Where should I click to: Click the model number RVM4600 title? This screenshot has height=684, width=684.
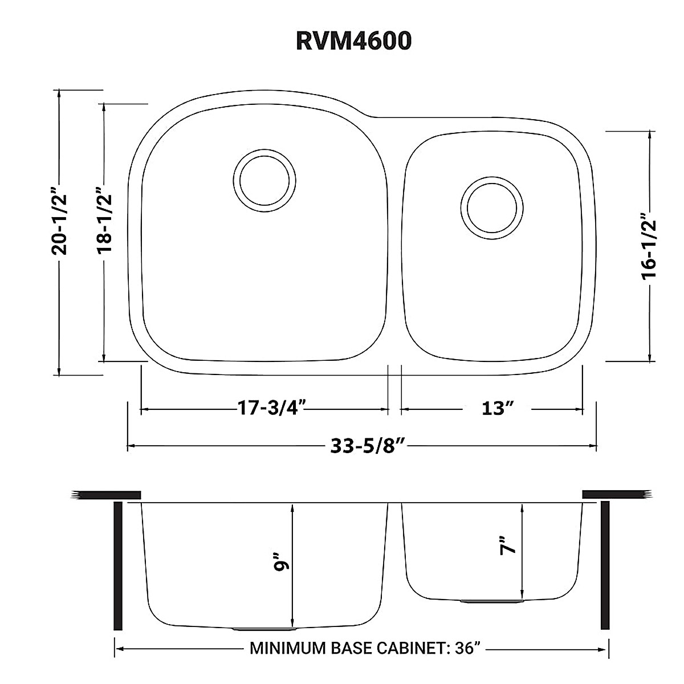[353, 41]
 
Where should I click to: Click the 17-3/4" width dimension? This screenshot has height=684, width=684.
[272, 409]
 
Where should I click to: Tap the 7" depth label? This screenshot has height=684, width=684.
[507, 545]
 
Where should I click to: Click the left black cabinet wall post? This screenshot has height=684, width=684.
[118, 565]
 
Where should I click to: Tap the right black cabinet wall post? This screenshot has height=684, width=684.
[605, 565]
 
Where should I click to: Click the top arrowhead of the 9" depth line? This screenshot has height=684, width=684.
[292, 508]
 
